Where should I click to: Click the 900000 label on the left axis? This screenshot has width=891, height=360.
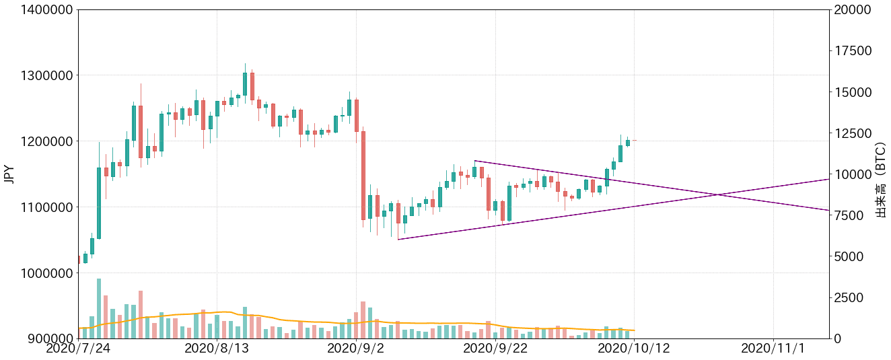[x=42, y=338]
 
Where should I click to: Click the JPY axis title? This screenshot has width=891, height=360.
[x=9, y=174]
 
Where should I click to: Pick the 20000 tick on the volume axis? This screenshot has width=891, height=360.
[x=852, y=10]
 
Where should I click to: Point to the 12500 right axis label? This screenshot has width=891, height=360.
[x=852, y=133]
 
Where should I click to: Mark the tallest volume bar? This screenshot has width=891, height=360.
[x=99, y=308]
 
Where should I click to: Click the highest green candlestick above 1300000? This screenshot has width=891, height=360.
[x=245, y=83]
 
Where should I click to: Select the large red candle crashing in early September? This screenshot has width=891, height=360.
[x=363, y=175]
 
